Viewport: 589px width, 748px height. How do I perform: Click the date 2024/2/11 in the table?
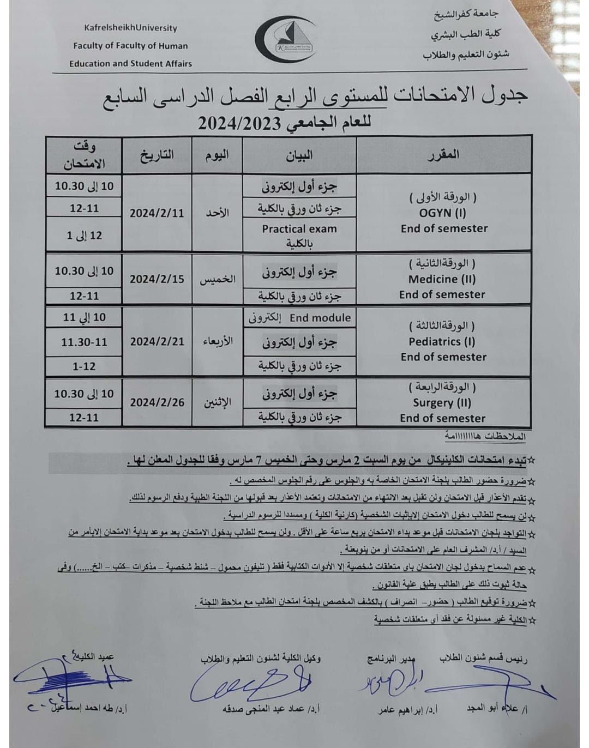click(157, 213)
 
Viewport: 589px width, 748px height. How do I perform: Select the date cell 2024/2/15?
click(157, 279)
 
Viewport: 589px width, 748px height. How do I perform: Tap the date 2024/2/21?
click(157, 342)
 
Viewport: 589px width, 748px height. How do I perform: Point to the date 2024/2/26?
click(157, 402)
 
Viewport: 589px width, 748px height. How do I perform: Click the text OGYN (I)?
click(442, 213)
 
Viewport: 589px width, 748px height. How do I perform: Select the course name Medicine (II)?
click(442, 279)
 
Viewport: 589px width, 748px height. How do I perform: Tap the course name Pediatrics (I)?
click(442, 342)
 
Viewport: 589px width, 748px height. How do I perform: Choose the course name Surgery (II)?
click(442, 403)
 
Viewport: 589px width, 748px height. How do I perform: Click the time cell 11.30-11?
click(84, 342)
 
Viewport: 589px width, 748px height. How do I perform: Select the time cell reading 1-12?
click(84, 366)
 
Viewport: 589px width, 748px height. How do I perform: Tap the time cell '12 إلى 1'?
click(84, 236)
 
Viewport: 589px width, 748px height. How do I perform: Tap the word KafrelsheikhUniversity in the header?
click(130, 28)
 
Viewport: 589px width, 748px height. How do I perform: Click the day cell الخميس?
click(217, 279)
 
